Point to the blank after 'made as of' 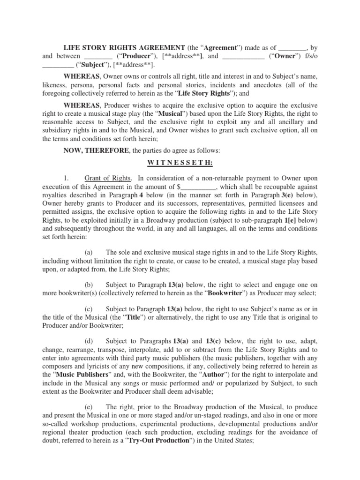pyautogui.click(x=293, y=47)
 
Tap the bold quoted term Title pyautogui.click(x=125, y=317)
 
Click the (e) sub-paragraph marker pyautogui.click(x=90, y=407)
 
